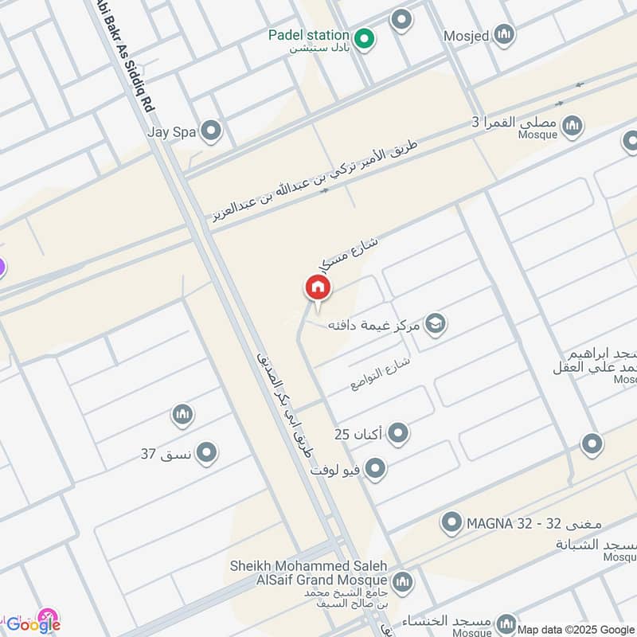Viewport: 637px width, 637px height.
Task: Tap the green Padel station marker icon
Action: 365,37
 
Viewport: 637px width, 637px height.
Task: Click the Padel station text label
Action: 308,35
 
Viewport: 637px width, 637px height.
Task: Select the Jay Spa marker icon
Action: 211,131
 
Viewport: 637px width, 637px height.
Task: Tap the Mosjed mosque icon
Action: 503,35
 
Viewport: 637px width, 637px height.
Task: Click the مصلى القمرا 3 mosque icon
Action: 572,126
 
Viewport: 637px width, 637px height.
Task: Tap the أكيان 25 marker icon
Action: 398,434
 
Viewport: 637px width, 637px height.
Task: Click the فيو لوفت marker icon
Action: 375,469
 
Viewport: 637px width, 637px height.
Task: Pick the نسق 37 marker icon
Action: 207,454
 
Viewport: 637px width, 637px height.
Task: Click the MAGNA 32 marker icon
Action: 452,523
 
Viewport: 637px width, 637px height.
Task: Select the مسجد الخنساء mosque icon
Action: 505,623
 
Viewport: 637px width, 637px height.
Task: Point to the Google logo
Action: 33,623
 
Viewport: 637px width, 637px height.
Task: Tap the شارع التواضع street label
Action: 381,373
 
